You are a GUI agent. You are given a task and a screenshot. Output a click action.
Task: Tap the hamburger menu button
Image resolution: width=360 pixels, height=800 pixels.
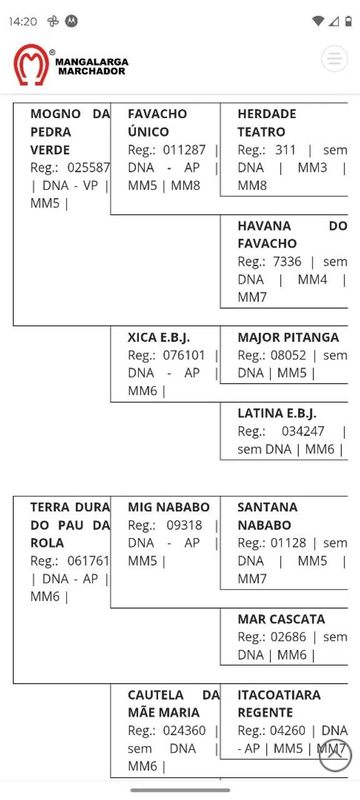click(x=334, y=59)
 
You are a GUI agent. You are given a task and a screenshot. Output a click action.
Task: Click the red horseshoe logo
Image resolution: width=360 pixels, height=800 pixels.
click(x=31, y=64)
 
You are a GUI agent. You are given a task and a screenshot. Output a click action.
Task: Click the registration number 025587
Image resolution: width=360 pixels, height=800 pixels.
click(x=89, y=167)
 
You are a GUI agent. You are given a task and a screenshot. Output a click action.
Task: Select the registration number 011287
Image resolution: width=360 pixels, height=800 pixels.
click(x=184, y=149)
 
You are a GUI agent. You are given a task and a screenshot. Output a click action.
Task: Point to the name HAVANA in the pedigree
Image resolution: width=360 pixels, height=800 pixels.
click(x=264, y=226)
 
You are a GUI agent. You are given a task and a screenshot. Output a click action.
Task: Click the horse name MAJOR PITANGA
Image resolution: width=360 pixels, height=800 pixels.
click(x=288, y=337)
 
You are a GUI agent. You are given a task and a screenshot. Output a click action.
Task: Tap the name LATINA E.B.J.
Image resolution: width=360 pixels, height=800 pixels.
click(x=277, y=413)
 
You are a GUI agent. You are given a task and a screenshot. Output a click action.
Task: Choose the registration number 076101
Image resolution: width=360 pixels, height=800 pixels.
click(x=184, y=355)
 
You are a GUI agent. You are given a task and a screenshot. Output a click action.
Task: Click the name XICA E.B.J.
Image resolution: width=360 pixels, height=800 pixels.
click(x=159, y=337)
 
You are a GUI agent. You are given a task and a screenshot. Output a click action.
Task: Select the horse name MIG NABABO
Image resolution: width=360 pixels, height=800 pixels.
click(x=169, y=507)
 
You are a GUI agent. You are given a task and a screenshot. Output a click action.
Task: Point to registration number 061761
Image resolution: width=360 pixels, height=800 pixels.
click(x=88, y=561)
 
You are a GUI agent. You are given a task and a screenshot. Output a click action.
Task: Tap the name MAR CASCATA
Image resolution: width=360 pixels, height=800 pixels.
click(x=281, y=619)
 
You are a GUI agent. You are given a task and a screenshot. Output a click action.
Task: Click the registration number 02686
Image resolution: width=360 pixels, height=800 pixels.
click(x=288, y=637)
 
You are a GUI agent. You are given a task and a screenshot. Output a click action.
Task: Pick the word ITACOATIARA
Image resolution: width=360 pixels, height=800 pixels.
click(x=279, y=694)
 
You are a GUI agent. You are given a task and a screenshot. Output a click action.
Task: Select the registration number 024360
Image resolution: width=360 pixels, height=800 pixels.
click(x=184, y=731)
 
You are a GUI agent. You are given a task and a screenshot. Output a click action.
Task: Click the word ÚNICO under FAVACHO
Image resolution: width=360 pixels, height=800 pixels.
click(x=148, y=131)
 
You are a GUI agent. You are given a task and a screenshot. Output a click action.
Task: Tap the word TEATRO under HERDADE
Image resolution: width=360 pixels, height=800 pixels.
click(x=261, y=132)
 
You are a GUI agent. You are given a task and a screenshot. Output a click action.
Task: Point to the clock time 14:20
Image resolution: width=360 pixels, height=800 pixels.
click(x=23, y=21)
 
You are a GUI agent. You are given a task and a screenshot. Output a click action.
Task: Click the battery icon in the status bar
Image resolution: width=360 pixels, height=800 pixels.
click(x=348, y=21)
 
